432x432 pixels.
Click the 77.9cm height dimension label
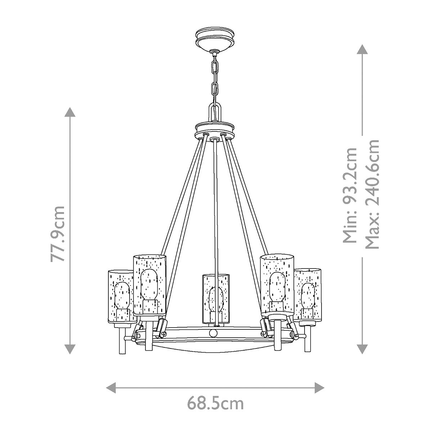(x=58, y=234)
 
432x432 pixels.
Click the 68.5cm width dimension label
(x=215, y=404)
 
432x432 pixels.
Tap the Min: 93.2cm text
(x=350, y=195)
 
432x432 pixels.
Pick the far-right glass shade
(x=308, y=293)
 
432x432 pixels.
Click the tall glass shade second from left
(x=149, y=284)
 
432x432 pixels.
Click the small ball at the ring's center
(x=214, y=332)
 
